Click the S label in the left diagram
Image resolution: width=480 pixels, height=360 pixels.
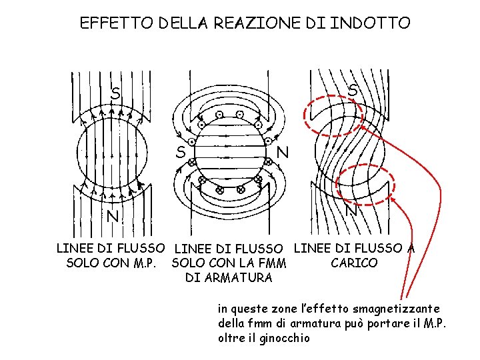pyautogui.click(x=116, y=94)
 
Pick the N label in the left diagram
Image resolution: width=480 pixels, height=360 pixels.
pyautogui.click(x=113, y=217)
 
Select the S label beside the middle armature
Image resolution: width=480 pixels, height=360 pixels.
pyautogui.click(x=181, y=152)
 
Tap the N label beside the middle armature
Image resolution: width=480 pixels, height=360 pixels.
pyautogui.click(x=283, y=152)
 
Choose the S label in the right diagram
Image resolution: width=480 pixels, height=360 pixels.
pyautogui.click(x=353, y=89)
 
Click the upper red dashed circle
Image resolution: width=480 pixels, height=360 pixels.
pyautogui.click(x=333, y=116)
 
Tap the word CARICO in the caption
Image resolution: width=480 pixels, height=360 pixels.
pyautogui.click(x=354, y=263)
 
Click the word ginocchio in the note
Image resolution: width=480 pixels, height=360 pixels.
pyautogui.click(x=270, y=338)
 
